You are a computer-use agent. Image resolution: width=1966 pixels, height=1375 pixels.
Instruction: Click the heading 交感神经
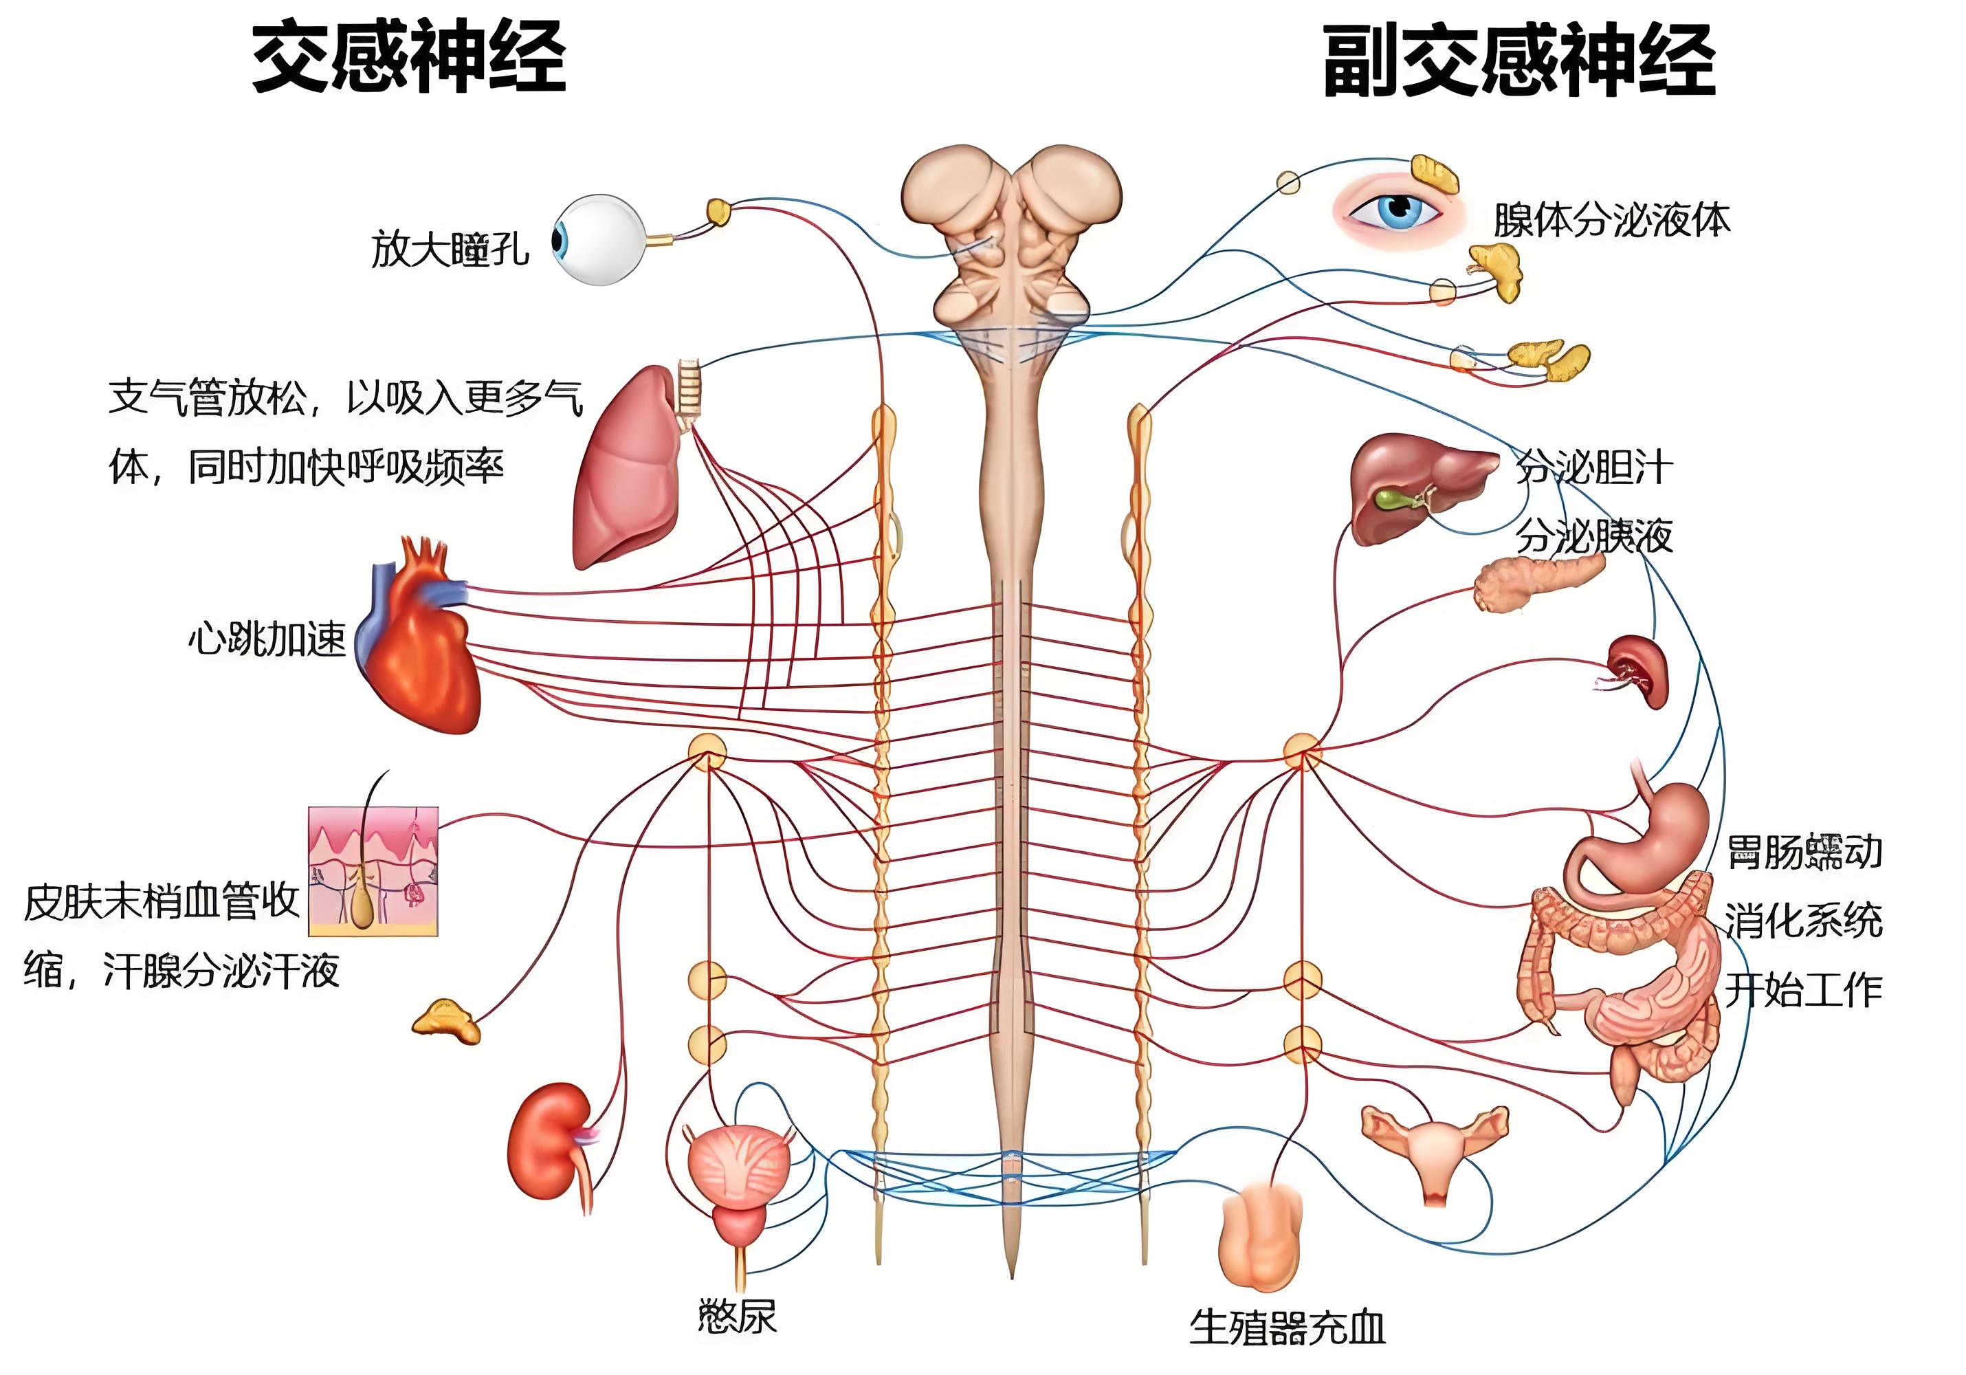click(408, 58)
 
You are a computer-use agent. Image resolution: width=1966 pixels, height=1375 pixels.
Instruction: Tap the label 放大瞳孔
click(450, 249)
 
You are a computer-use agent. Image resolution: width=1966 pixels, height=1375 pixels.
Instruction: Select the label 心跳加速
click(267, 639)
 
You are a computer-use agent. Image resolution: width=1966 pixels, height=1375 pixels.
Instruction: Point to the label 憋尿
click(737, 1316)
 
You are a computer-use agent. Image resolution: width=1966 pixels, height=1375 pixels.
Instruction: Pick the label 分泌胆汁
click(1594, 467)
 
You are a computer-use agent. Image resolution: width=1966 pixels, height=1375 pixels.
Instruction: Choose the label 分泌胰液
click(1594, 537)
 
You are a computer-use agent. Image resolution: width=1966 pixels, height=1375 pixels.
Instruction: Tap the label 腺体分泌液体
click(1611, 220)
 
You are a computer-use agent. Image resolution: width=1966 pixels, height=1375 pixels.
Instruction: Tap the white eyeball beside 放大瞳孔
click(599, 240)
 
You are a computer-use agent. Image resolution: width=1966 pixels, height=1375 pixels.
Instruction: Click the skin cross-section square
click(373, 871)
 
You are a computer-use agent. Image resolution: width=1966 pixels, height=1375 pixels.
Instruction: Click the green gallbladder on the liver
click(1392, 498)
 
